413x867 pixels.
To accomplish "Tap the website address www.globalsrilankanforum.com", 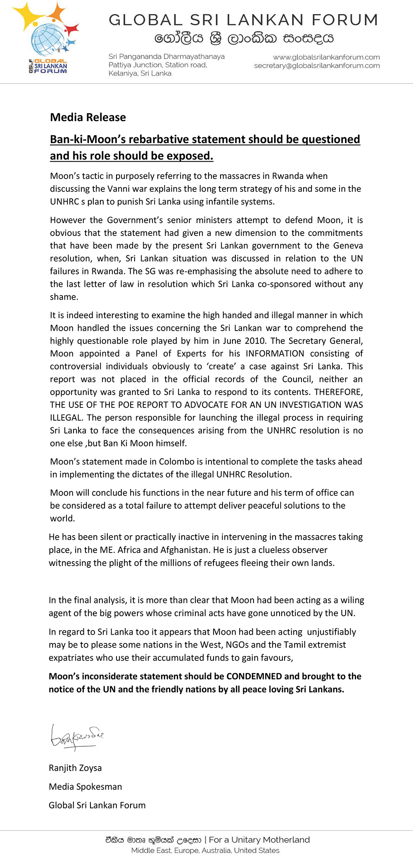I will click(x=326, y=57).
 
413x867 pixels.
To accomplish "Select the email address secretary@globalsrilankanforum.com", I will click(x=317, y=66).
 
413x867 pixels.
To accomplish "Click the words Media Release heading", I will click(x=88, y=117).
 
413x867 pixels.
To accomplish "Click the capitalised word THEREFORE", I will click(x=338, y=392).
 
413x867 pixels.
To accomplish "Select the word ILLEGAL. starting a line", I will click(x=66, y=418).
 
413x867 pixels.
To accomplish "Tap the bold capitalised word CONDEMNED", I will click(x=254, y=676).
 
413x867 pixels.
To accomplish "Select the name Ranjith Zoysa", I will click(x=75, y=768).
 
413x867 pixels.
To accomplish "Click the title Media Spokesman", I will click(x=85, y=786).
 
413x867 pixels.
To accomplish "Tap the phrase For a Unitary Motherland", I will click(x=259, y=840).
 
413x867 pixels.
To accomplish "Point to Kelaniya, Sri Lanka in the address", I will click(x=140, y=74).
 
